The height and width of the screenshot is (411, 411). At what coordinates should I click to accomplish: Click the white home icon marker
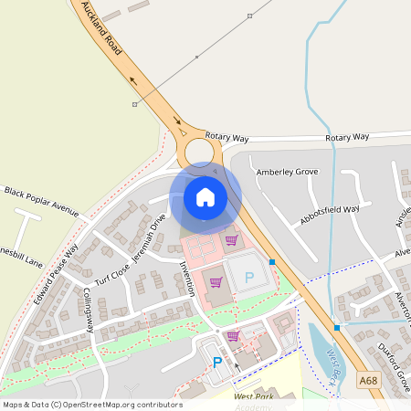[x=205, y=196]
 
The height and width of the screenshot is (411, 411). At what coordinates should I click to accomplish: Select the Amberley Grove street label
[x=287, y=171]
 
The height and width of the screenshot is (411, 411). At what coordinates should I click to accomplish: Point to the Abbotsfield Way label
[x=330, y=215]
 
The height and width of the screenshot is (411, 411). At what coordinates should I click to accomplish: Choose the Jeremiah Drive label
[x=149, y=237]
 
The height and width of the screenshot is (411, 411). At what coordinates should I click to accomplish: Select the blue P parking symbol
[x=217, y=363]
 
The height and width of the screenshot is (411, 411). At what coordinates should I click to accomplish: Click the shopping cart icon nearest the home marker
[x=231, y=240]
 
